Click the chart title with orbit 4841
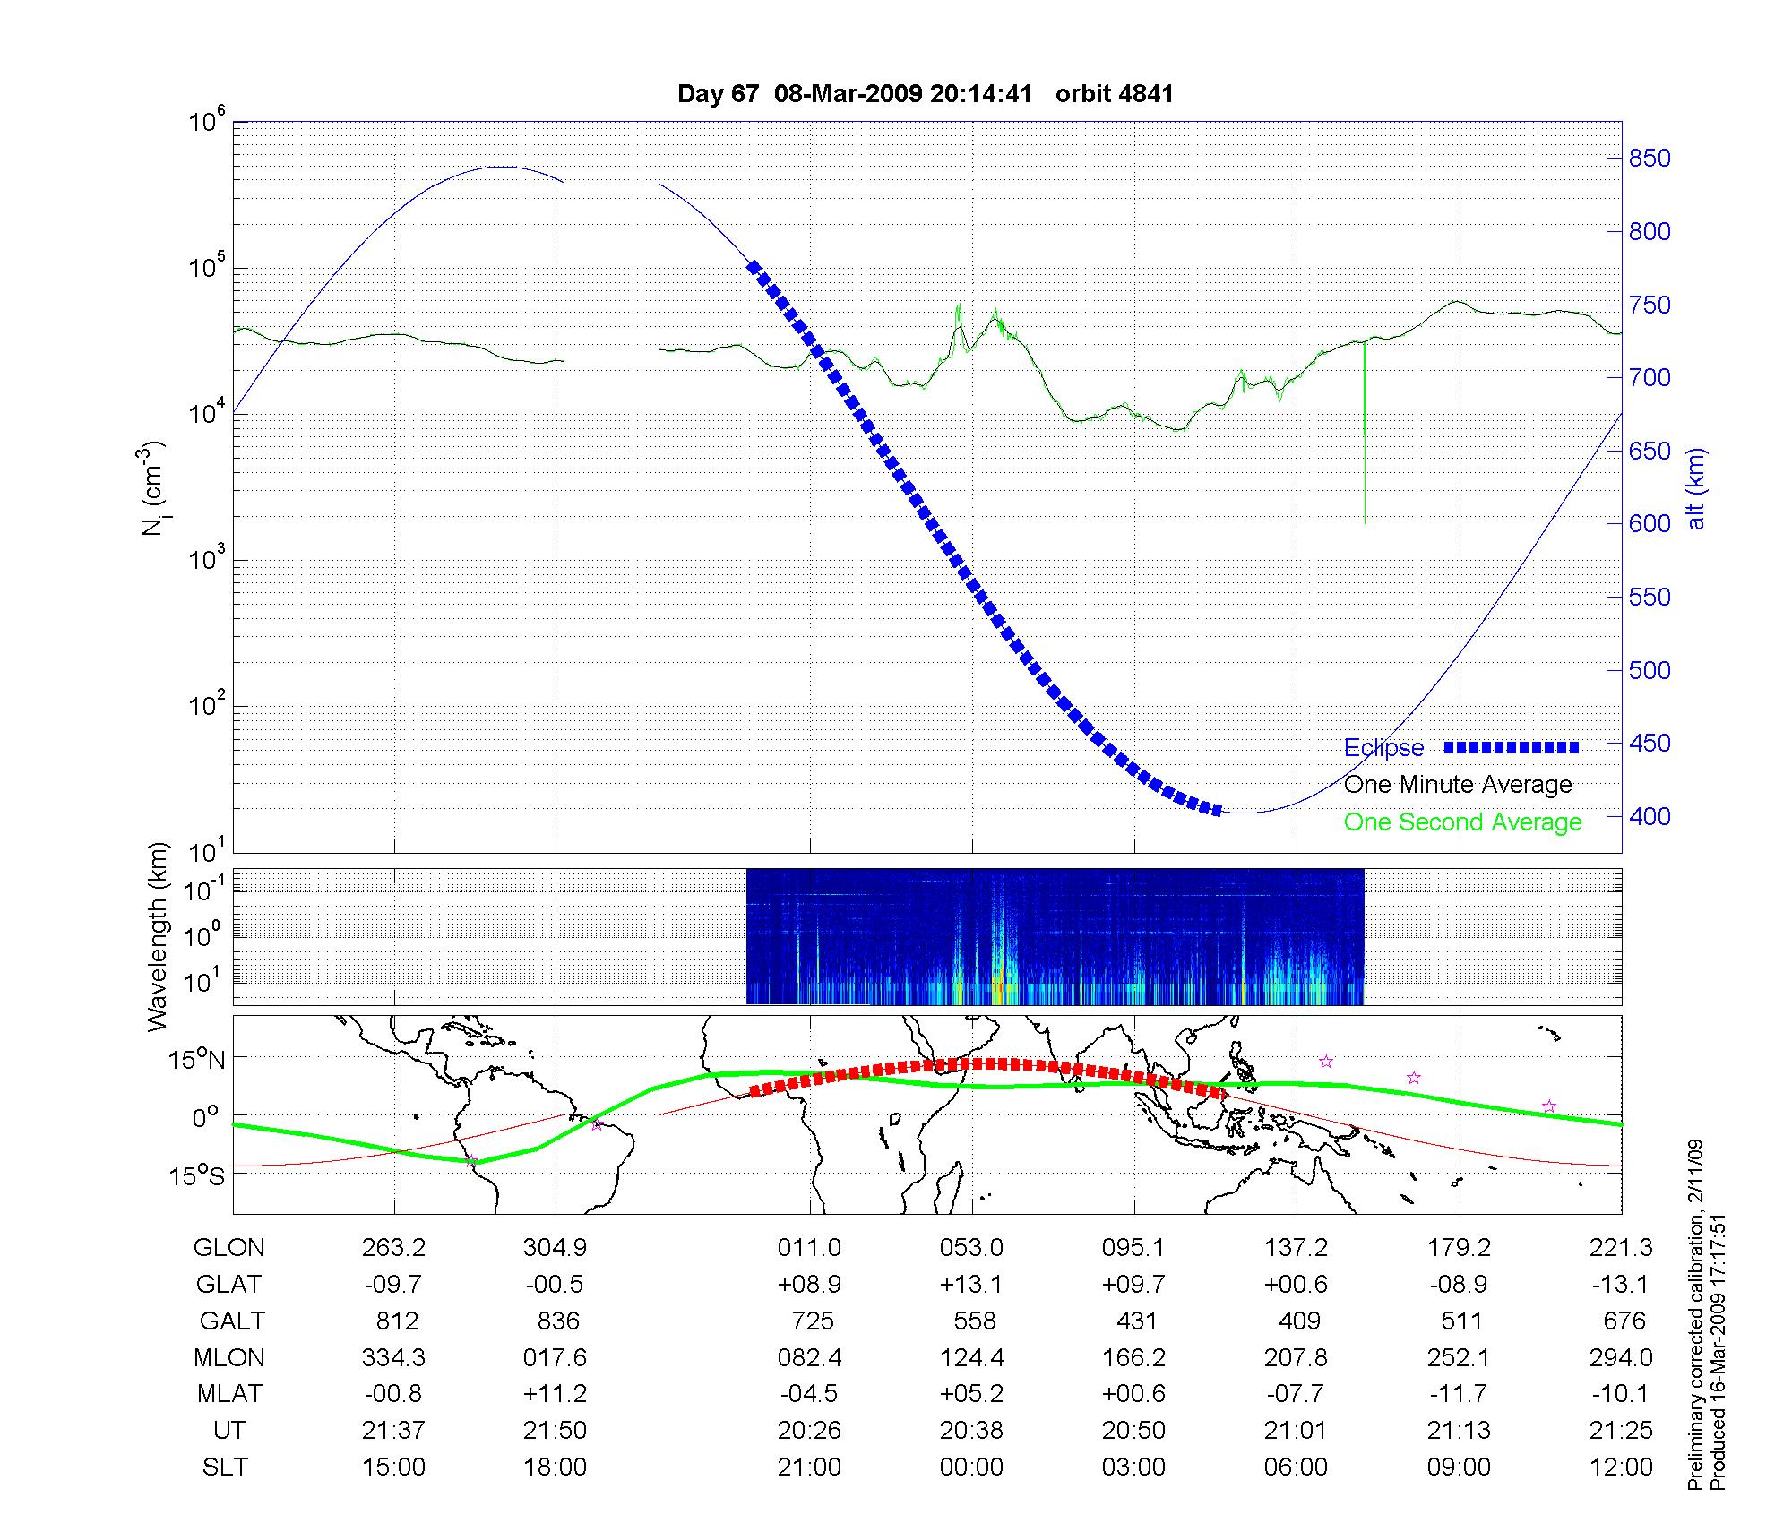coord(925,94)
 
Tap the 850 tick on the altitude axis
coord(1650,159)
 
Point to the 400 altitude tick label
coord(1650,816)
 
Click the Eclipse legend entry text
coord(1383,748)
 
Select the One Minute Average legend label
coord(1458,785)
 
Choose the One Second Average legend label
coord(1462,822)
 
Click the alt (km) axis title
coord(1696,488)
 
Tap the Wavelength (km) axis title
coord(159,936)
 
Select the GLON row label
coord(228,1248)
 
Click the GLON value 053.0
coord(971,1248)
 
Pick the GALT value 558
coord(974,1321)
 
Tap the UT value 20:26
coord(809,1431)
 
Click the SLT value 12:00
coord(1621,1467)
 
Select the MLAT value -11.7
coord(1459,1394)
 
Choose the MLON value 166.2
coord(1133,1358)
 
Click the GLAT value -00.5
coord(555,1285)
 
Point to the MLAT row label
coord(229,1394)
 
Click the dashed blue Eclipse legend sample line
coord(1511,747)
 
